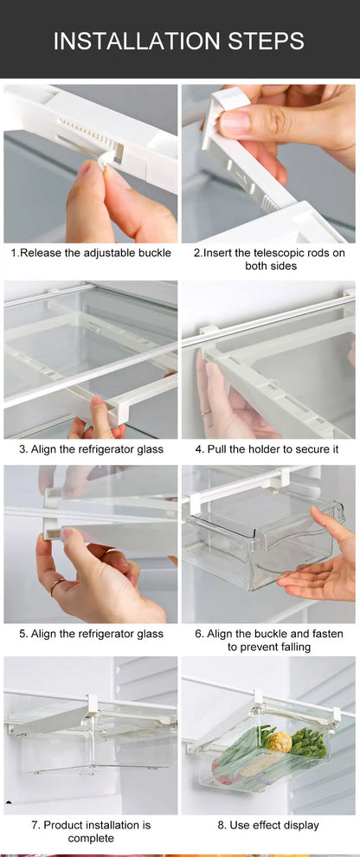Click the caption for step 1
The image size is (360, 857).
point(91,253)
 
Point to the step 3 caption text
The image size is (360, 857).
point(91,449)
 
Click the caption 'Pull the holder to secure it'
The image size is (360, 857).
point(267,449)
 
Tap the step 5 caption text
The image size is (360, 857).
point(91,634)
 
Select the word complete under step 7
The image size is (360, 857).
point(91,838)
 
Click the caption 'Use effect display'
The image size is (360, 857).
point(267,825)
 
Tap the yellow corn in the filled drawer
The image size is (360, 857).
point(279,741)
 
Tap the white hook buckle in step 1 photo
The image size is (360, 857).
point(106,158)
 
